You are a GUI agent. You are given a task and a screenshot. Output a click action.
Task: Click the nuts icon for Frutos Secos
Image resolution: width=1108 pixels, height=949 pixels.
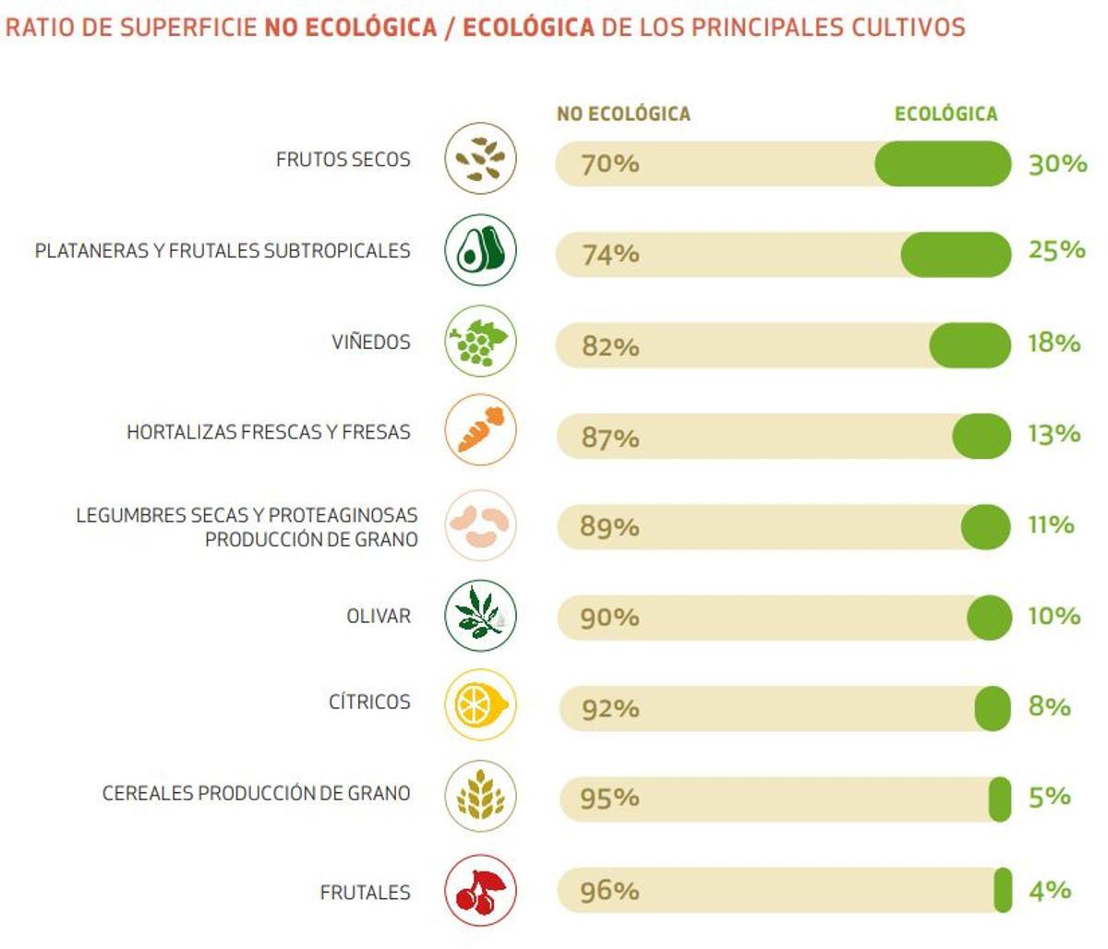(x=480, y=159)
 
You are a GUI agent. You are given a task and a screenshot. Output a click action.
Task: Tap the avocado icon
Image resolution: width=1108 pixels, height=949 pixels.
(x=480, y=249)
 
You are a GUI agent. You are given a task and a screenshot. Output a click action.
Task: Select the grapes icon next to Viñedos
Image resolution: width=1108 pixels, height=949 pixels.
(x=480, y=341)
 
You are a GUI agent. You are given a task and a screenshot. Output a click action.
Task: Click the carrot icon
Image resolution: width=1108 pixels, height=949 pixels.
(x=480, y=430)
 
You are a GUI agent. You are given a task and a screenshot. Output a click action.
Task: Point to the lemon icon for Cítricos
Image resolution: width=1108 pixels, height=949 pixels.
(x=480, y=705)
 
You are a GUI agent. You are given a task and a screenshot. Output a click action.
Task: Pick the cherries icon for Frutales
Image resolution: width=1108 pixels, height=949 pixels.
(x=480, y=891)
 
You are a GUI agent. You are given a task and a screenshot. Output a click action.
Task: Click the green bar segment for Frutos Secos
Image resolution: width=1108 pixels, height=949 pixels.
(x=943, y=163)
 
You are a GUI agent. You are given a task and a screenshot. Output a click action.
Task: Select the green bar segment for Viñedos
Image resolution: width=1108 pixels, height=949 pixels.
(x=969, y=346)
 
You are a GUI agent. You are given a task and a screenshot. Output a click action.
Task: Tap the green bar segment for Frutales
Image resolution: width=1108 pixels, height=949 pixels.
(x=1003, y=891)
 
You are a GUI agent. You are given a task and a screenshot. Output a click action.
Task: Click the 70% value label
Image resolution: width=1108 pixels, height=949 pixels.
(x=609, y=164)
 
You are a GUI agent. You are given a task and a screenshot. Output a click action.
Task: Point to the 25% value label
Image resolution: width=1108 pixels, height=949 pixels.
(x=1056, y=250)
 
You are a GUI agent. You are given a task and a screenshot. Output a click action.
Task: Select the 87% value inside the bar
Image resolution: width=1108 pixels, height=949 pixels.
(x=609, y=438)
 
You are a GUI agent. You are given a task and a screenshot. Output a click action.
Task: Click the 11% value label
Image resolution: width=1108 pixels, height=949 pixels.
(x=1051, y=524)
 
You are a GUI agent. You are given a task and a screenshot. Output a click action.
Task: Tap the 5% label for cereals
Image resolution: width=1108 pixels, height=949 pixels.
(x=1049, y=797)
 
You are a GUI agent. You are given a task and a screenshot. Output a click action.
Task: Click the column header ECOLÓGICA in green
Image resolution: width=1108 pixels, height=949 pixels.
(x=945, y=114)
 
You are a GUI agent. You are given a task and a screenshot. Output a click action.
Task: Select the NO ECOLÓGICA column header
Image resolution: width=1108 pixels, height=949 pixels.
(x=623, y=114)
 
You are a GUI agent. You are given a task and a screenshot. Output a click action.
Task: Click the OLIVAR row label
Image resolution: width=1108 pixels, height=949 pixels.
(x=378, y=616)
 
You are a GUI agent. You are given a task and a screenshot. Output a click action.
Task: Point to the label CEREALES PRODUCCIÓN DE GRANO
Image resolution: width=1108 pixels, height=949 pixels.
(x=256, y=793)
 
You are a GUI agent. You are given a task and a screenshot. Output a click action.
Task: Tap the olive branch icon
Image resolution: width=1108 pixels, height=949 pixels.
(x=480, y=616)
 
